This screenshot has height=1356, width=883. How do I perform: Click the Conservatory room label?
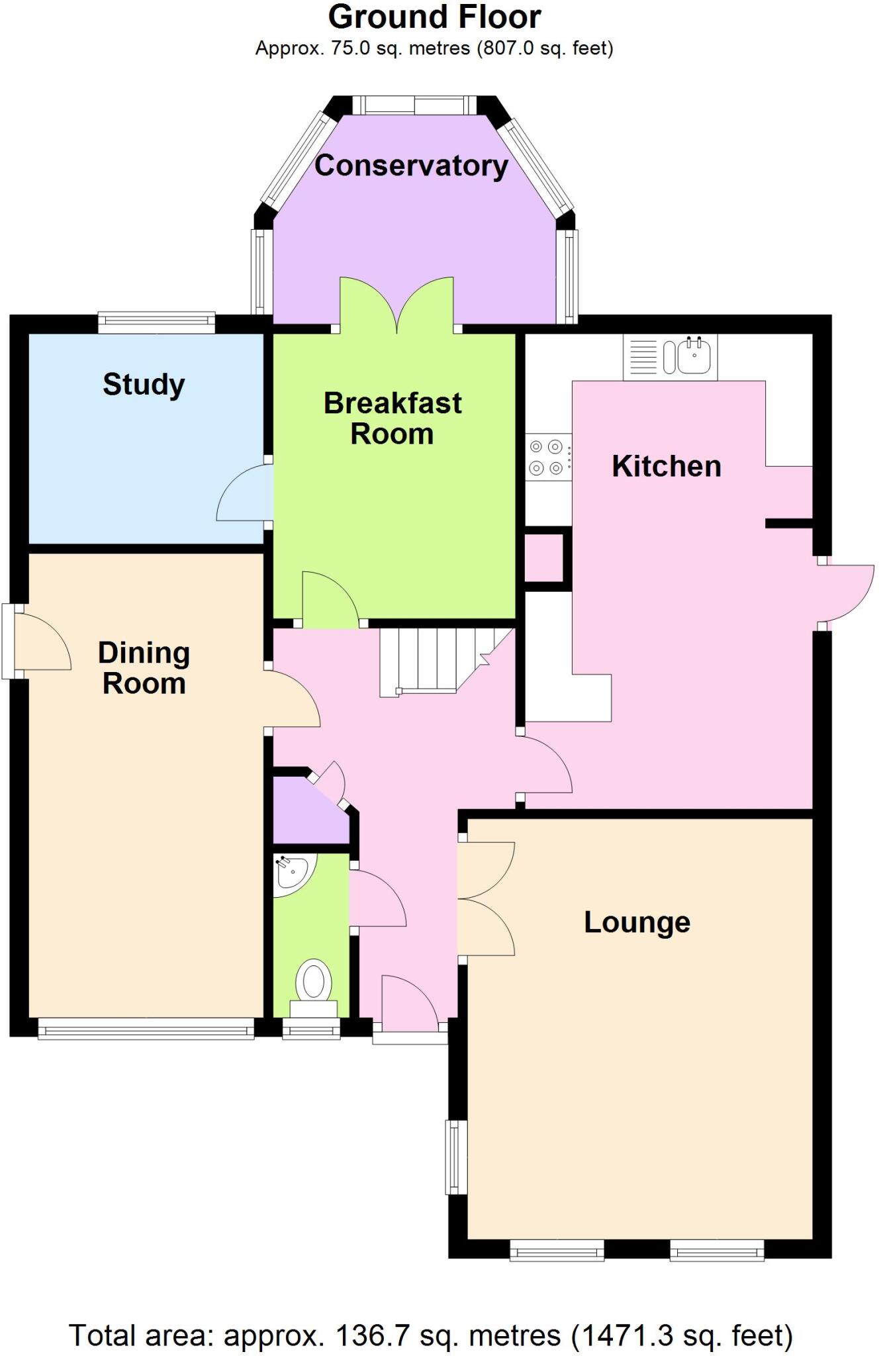411,166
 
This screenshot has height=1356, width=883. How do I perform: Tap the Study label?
144,385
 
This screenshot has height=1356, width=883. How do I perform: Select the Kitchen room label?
666,466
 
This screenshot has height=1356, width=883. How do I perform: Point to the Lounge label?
637,922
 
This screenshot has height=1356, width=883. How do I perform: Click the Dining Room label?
144,668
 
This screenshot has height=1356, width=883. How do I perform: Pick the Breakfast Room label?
393,418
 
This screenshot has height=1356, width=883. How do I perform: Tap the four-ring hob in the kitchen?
546,458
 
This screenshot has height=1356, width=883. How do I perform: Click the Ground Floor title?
434,17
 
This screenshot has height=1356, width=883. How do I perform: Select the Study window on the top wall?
156,322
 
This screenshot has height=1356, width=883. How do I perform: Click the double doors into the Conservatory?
396,305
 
